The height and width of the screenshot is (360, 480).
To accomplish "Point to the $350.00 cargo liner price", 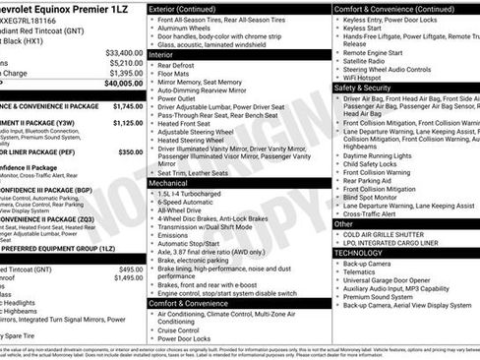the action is point(130,152).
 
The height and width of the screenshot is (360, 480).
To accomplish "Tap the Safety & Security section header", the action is point(361,87).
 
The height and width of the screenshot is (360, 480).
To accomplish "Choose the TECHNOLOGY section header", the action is point(358,252).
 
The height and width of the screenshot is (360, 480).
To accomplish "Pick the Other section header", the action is point(344,222).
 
